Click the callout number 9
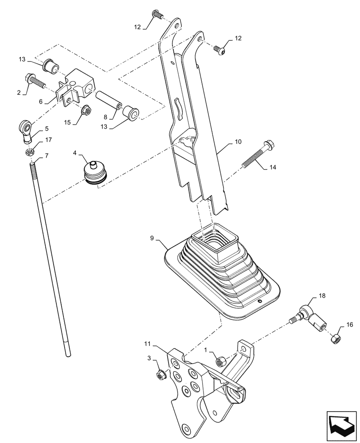coord(152,238)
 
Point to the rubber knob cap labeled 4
coord(94,174)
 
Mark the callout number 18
coord(322,295)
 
